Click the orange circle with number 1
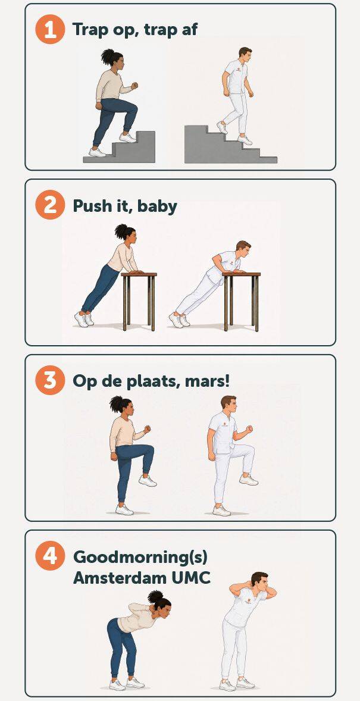(x=50, y=29)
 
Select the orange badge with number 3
(x=50, y=380)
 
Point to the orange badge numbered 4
(x=50, y=556)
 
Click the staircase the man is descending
(x=230, y=145)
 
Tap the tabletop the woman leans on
(x=139, y=274)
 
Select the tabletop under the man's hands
(x=242, y=274)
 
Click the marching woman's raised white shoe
(x=148, y=481)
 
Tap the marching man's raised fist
(x=249, y=429)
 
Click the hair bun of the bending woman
(x=156, y=596)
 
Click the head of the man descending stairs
(x=245, y=55)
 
